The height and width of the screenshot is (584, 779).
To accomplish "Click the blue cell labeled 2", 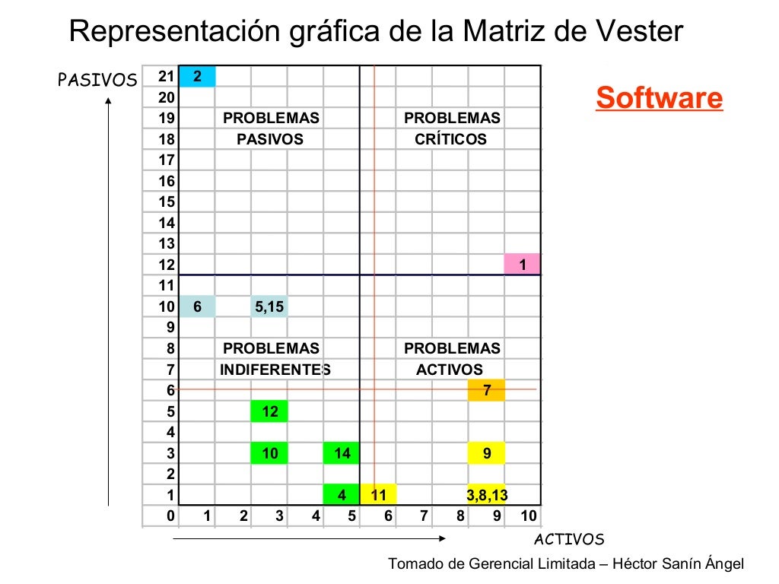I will pos(197,76).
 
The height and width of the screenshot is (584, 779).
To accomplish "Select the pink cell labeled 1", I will pos(522,265).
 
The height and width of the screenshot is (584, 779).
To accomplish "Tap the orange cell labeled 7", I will pos(487,391).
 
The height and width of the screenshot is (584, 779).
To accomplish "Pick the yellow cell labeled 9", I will pos(487,454).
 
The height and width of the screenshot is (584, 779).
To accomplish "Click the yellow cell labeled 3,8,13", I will pos(487,496).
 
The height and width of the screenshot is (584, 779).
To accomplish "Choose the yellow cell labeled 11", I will pos(378,496).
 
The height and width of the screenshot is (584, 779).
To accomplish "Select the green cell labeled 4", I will pos(342,496).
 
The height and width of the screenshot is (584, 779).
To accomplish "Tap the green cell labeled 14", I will pos(342,454).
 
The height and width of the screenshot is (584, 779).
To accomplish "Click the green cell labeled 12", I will pos(269,411).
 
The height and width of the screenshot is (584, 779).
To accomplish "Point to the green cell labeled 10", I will pos(269,454).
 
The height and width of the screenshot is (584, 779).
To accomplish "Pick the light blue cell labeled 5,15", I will pos(269,306).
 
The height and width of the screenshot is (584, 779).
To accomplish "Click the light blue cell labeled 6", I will pos(197,306).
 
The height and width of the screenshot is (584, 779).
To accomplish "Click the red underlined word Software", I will pos(659,98).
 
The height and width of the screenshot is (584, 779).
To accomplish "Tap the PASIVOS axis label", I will pos(97,80).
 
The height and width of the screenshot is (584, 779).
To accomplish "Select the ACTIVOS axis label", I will pos(569,540).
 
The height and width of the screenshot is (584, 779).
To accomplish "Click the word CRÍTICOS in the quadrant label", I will pos(451,139).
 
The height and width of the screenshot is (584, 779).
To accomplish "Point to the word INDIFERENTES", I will pos(275,370).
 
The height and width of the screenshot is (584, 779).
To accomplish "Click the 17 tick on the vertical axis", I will pos(167,160).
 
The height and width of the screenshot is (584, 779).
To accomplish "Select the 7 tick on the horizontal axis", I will pos(424,516).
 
